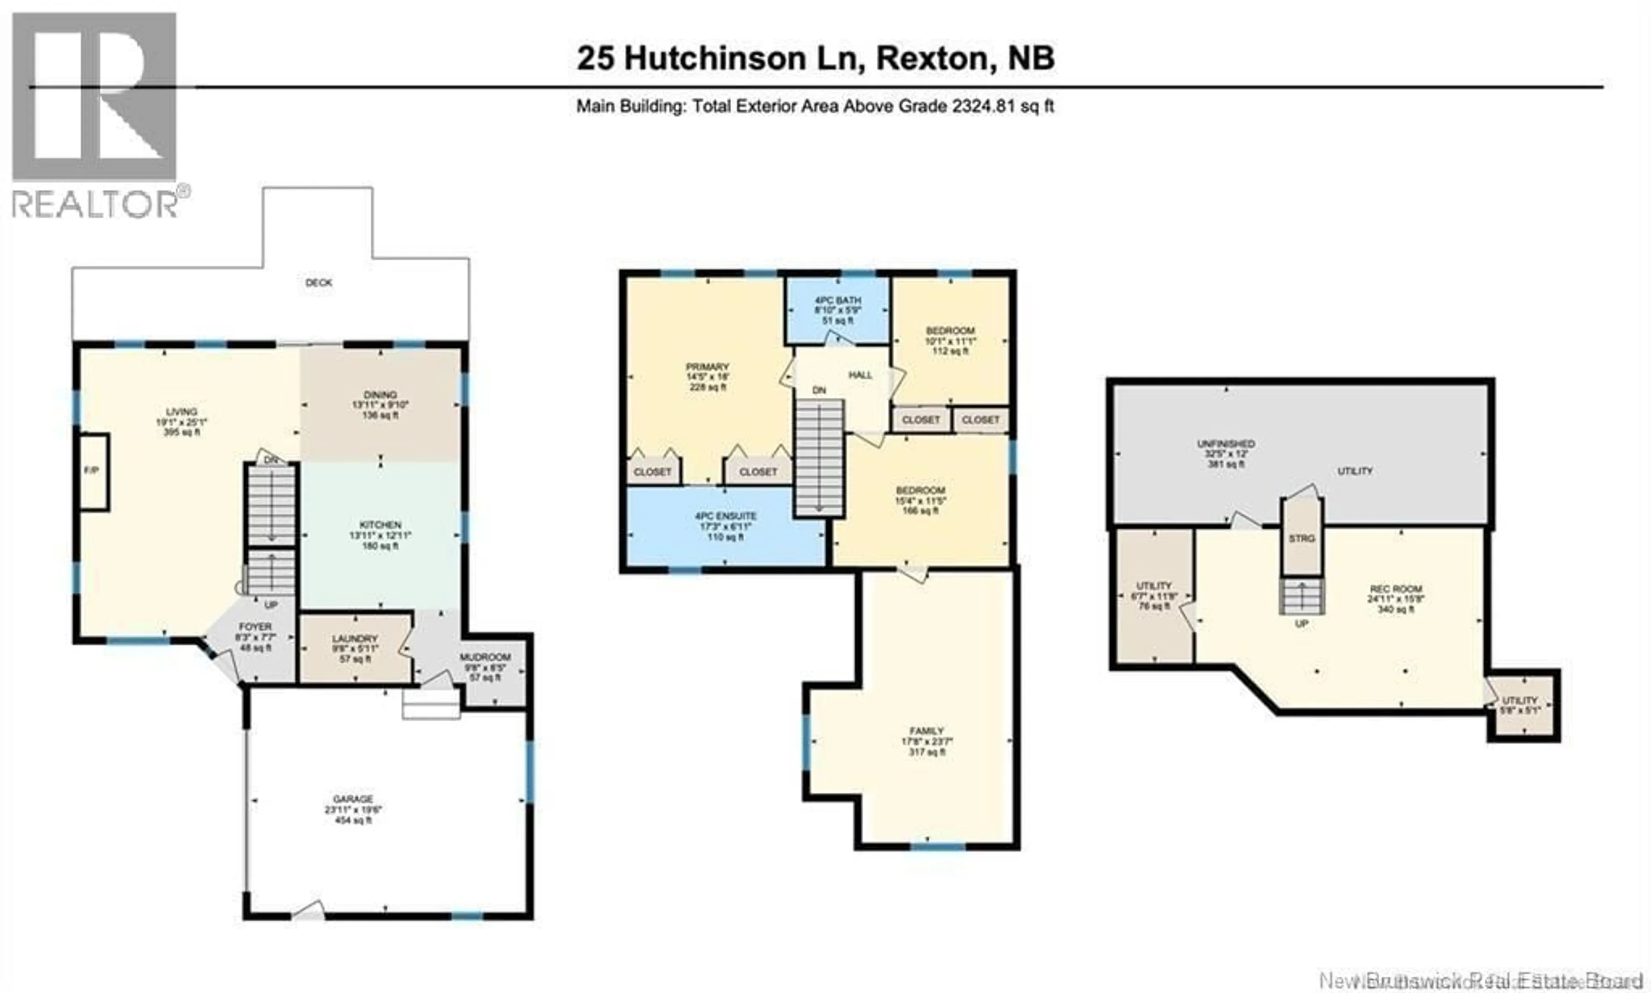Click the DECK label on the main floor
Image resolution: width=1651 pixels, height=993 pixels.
tap(319, 283)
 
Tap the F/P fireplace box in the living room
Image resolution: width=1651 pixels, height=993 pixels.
tap(92, 471)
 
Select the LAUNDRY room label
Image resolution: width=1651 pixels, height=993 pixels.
tap(355, 639)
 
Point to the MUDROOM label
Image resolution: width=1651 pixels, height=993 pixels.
tap(485, 658)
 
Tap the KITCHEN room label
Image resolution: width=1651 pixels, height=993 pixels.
tap(380, 525)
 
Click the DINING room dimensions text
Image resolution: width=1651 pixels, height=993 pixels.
tap(380, 405)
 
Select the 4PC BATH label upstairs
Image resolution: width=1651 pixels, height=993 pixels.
tap(837, 300)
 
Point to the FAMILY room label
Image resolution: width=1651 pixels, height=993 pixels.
tap(926, 731)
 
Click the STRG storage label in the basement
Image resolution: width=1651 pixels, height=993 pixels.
tap(1301, 539)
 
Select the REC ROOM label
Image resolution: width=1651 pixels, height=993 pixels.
tap(1395, 589)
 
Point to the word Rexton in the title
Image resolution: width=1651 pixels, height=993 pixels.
tap(932, 59)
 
